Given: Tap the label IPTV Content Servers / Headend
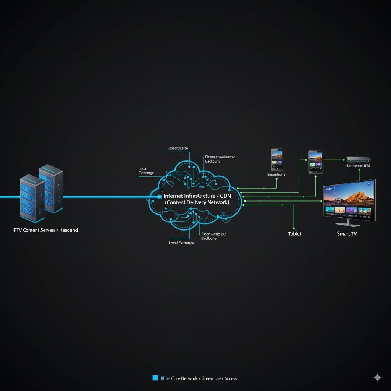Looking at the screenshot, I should (x=45, y=230).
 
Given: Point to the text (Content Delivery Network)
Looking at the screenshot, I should (x=197, y=202).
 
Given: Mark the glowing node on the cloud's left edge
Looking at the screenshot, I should (x=160, y=197).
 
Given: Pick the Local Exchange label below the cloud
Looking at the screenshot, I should (x=181, y=243).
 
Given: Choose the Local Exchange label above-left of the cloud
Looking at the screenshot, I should (x=146, y=171).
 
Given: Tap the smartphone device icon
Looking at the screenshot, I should (x=277, y=159).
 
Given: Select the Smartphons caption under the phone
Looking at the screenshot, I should (x=276, y=174).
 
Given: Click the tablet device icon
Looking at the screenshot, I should (x=316, y=162).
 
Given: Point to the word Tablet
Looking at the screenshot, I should (x=294, y=234).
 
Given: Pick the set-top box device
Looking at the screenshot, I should (x=359, y=159).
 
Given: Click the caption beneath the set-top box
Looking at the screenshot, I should (x=359, y=166).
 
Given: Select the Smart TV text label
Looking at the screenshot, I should (x=347, y=234).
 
